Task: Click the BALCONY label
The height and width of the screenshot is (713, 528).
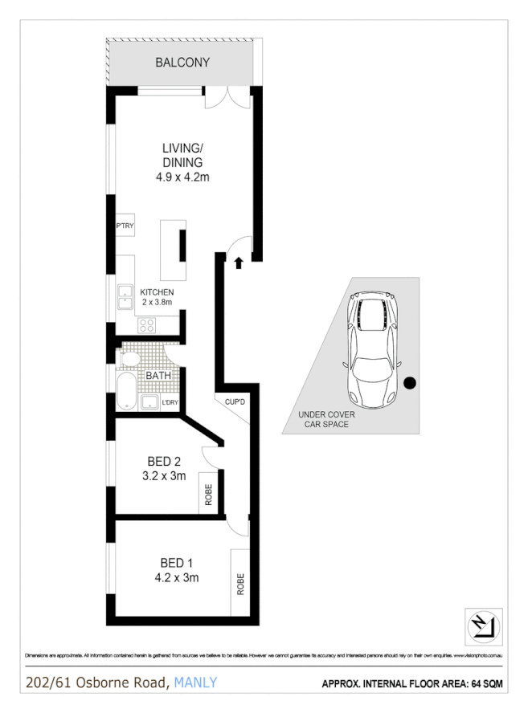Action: tap(182, 62)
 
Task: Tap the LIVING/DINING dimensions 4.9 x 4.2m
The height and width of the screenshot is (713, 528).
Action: tap(182, 177)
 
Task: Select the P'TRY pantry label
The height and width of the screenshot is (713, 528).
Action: tap(125, 226)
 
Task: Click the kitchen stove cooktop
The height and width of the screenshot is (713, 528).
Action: tap(147, 325)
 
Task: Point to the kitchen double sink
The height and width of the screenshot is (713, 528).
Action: tap(125, 296)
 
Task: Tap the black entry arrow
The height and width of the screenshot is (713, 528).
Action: tap(238, 261)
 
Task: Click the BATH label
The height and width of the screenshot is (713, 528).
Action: tap(158, 375)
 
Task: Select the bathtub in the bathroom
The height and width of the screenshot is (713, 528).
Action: tap(126, 390)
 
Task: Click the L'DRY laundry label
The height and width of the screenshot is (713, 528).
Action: tap(170, 401)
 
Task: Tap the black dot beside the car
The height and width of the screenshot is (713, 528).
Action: tap(410, 383)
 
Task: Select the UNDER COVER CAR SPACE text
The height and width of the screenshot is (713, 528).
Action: tap(324, 419)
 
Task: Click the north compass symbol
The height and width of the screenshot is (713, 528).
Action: tap(484, 624)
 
